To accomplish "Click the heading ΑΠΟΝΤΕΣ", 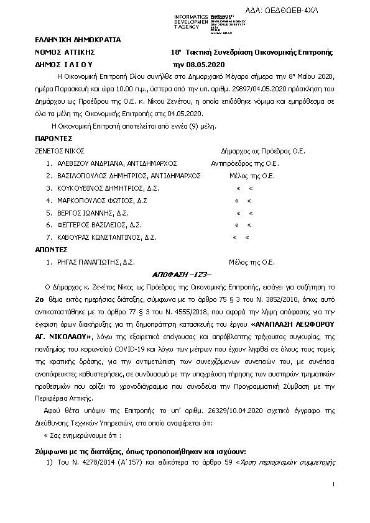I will [x=52, y=250].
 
